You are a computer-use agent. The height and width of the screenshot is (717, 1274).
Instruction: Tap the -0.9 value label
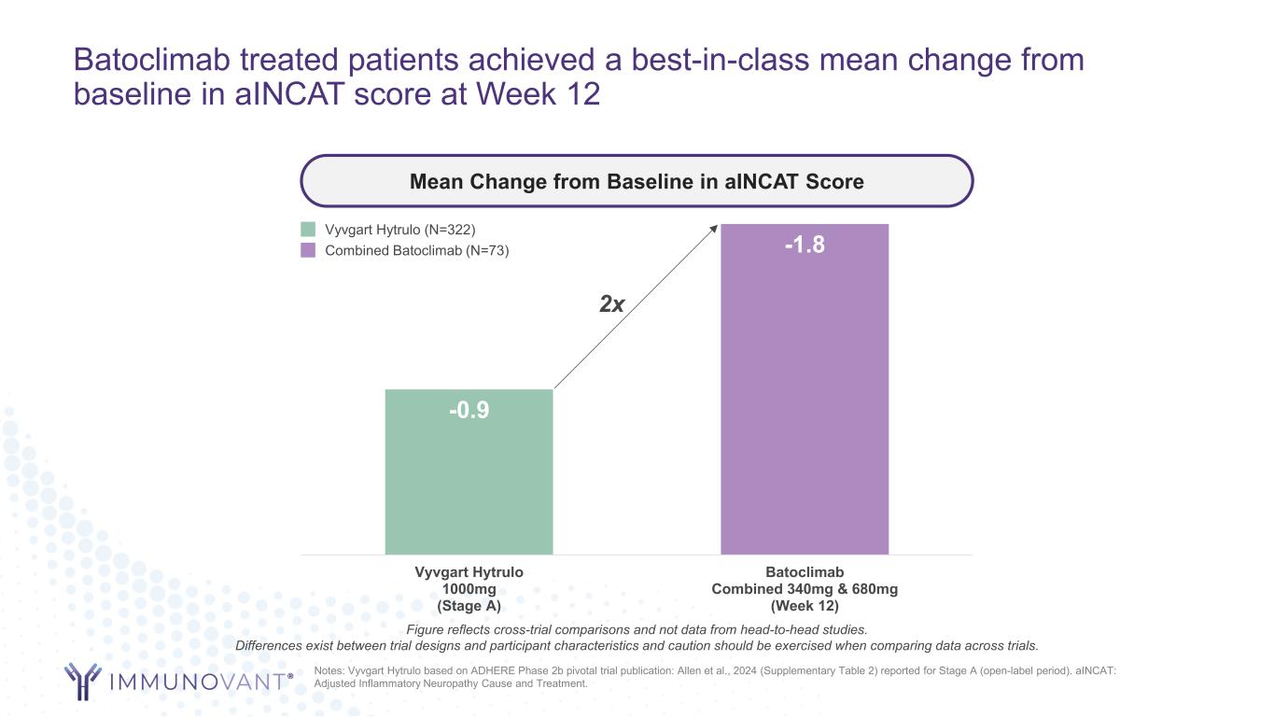469,411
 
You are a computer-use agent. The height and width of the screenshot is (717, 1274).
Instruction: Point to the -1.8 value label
804,246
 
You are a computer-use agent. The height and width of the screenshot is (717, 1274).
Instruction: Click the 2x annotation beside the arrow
611,304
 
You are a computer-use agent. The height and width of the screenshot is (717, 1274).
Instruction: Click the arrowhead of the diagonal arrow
715,227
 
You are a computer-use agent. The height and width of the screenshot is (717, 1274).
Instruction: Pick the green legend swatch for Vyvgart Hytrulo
308,230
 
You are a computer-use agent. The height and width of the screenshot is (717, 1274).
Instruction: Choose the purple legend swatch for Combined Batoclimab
308,250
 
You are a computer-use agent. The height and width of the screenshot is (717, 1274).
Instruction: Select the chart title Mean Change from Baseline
637,181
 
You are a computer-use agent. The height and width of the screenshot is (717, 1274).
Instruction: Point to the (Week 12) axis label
804,606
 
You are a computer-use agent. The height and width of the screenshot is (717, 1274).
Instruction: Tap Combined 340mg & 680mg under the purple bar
804,589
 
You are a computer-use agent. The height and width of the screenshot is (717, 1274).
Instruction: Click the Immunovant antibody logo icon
83,681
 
